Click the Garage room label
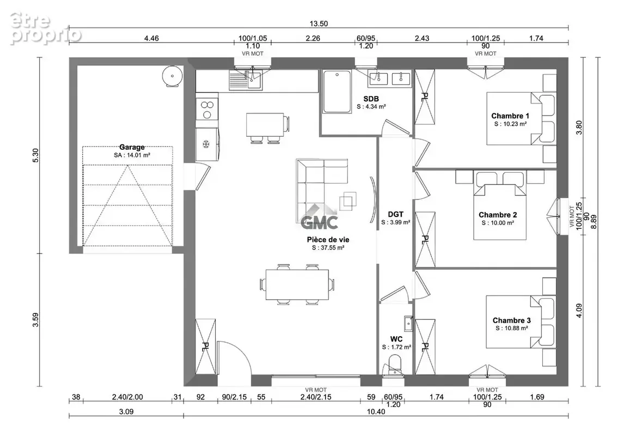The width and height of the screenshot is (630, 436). coord(132,147)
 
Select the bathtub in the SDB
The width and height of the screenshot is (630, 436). coord(337,92)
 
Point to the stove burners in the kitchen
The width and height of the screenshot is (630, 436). coord(207,110)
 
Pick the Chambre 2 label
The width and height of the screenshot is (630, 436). coord(498,215)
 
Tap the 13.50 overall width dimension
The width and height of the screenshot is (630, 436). coord(319,24)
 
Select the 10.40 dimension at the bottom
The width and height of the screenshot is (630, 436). coord(376,411)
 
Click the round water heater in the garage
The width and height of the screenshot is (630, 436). coord(173,76)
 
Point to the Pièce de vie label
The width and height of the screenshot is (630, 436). coord(328,240)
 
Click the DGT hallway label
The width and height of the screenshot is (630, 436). coord(395,214)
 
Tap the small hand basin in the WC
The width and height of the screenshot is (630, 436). coord(408,323)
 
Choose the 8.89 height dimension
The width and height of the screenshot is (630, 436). coord(594,222)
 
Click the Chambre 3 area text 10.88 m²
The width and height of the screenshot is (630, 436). coord(511,328)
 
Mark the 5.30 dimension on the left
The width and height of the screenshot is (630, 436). coord(35,155)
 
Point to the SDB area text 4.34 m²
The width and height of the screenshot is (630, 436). coord(371,107)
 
